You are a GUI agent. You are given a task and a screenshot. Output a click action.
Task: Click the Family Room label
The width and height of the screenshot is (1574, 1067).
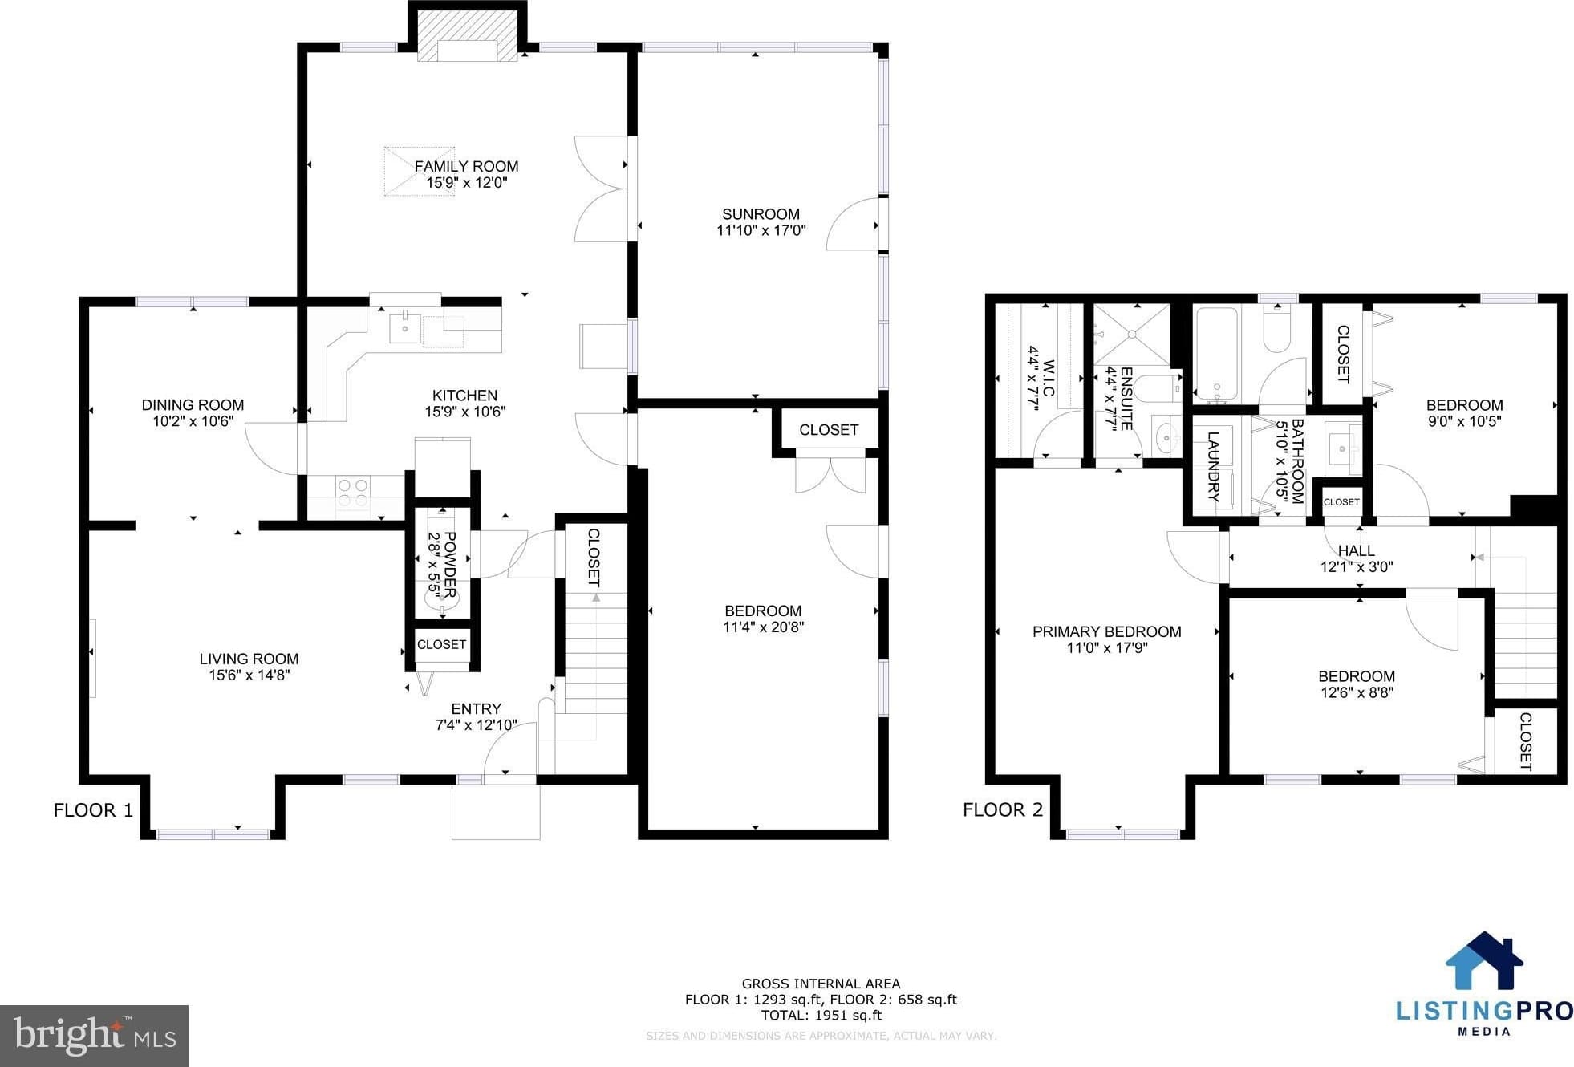coord(466,166)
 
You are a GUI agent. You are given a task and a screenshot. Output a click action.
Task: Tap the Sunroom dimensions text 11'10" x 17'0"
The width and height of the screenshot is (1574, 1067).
coord(761,230)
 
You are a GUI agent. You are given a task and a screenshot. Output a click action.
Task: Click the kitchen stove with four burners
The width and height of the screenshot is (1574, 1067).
coord(352,493)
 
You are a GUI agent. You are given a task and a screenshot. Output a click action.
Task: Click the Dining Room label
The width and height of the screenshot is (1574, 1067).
coord(193,405)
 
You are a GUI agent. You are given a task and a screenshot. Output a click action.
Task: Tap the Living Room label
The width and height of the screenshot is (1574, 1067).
coord(249,659)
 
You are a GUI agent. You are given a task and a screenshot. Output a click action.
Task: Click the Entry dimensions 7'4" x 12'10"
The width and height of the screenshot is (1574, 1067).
coord(476,725)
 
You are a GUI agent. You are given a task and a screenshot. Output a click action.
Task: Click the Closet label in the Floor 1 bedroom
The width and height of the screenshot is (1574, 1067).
coord(829,430)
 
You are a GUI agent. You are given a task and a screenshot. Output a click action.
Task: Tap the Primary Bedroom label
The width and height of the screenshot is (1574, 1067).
coord(1106,631)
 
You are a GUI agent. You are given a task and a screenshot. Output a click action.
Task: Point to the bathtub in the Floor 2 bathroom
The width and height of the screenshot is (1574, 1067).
coord(1217,355)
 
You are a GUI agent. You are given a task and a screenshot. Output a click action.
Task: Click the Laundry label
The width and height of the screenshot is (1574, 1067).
coord(1213,467)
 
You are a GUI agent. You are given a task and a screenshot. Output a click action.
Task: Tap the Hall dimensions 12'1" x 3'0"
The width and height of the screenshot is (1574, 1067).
coord(1357,566)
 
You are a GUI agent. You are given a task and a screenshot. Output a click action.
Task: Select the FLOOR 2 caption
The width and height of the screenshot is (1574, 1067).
coord(1003,809)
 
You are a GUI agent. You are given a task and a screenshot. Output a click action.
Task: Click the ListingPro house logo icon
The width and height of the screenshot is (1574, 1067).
coord(1484,961)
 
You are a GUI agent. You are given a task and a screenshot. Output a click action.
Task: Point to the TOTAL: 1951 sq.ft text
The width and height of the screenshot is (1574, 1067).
coord(821,1015)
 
